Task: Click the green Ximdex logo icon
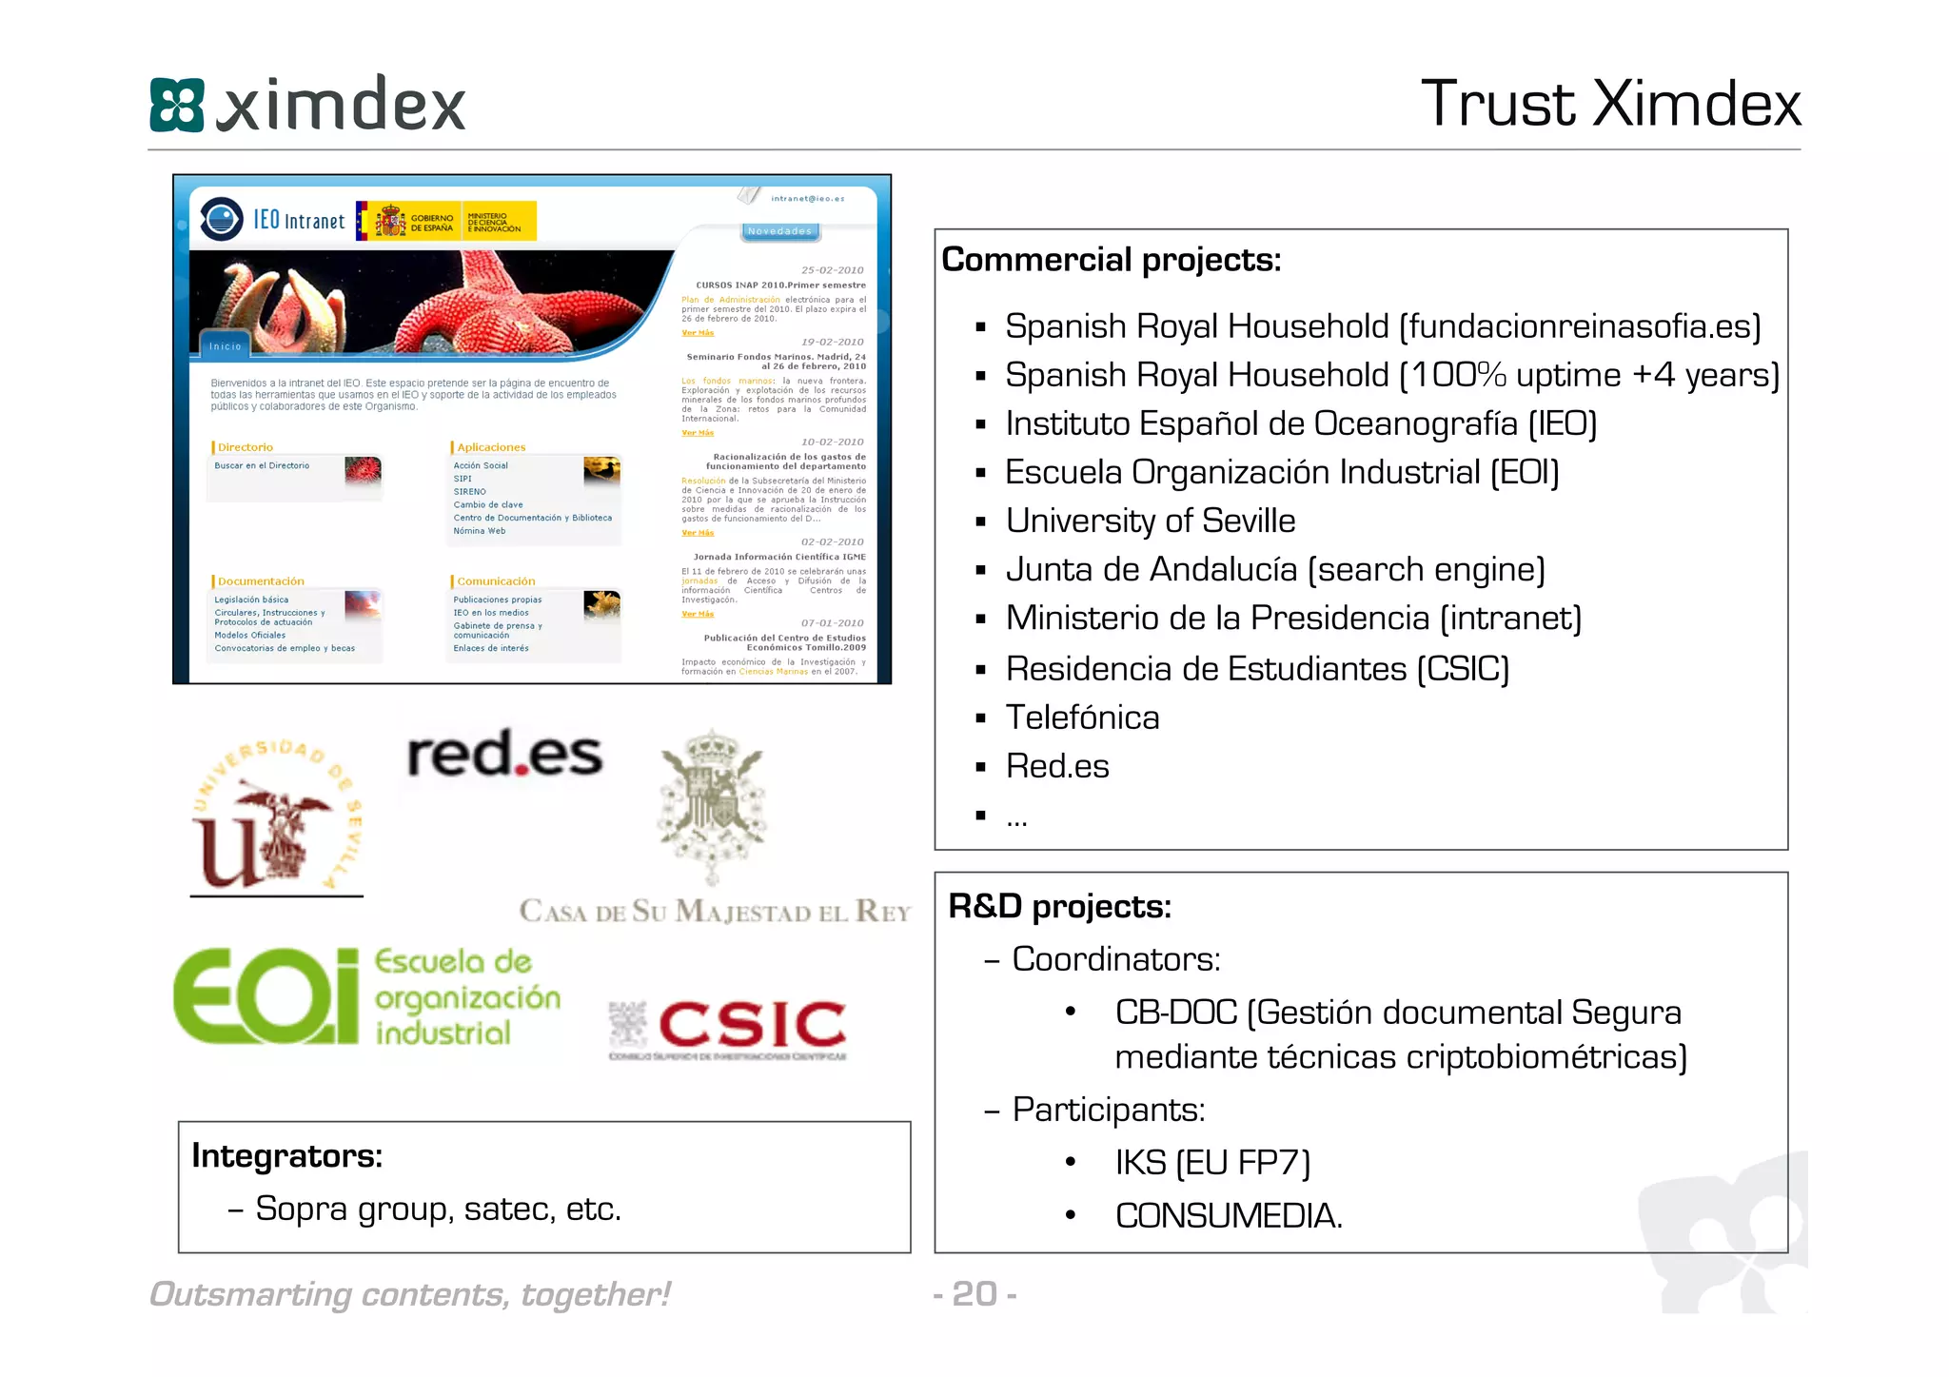coord(177,105)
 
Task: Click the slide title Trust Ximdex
coord(1610,104)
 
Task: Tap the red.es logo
coord(504,756)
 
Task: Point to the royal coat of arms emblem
coord(712,804)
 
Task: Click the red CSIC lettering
coord(752,1024)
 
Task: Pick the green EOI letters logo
coord(266,996)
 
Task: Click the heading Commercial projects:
coord(1111,260)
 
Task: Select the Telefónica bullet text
coord(1082,718)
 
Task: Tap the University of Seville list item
coord(1150,521)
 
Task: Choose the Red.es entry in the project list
coord(1057,766)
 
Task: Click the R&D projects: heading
coord(1059,906)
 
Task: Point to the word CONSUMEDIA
coord(1228,1215)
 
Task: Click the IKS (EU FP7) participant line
coord(1212,1162)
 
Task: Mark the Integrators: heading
coord(286,1155)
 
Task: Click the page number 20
coord(974,1294)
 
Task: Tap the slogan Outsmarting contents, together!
coord(410,1294)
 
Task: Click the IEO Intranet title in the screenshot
coord(298,221)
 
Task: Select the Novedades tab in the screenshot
coord(779,231)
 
